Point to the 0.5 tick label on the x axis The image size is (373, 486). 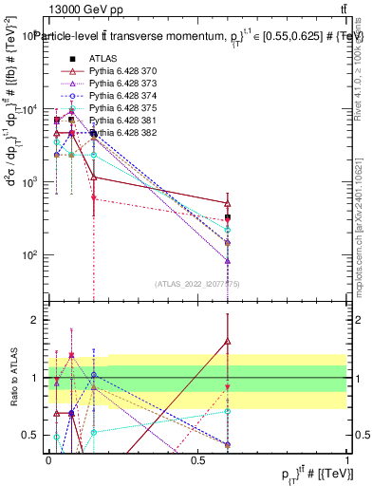click(197, 458)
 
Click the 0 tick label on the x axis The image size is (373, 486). click(49, 458)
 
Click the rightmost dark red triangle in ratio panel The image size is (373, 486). click(228, 342)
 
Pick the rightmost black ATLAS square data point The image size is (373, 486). click(228, 217)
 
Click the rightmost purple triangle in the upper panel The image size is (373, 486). click(228, 260)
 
